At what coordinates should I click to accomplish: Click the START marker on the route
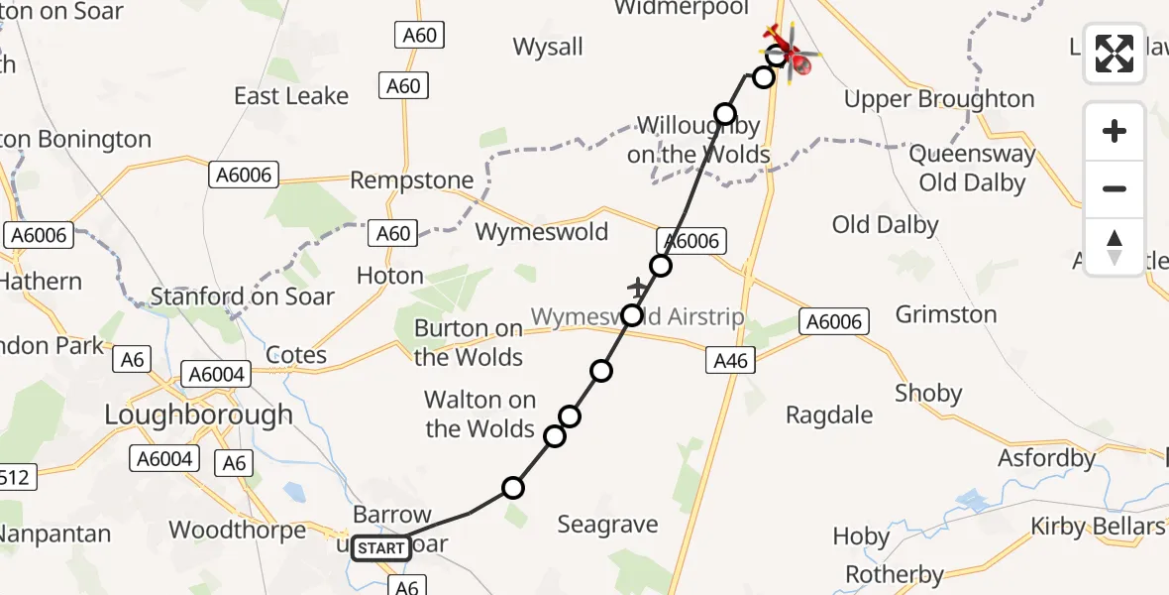[381, 548]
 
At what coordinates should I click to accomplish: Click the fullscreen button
[1115, 54]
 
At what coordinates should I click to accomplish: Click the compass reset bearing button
[1115, 247]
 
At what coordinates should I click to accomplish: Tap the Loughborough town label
[198, 414]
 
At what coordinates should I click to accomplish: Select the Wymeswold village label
[542, 231]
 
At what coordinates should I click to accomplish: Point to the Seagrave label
[607, 525]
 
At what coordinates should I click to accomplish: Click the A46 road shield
[731, 361]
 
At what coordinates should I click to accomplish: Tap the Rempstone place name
[411, 180]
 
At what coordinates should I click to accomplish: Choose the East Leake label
[291, 96]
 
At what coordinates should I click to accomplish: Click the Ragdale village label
[829, 415]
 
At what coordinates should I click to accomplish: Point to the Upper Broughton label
[938, 99]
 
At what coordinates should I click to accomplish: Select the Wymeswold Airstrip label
[637, 317]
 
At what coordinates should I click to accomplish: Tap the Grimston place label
[945, 314]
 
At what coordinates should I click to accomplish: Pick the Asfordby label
[1047, 458]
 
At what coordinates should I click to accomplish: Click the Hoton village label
[389, 276]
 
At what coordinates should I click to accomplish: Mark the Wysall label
[548, 47]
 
